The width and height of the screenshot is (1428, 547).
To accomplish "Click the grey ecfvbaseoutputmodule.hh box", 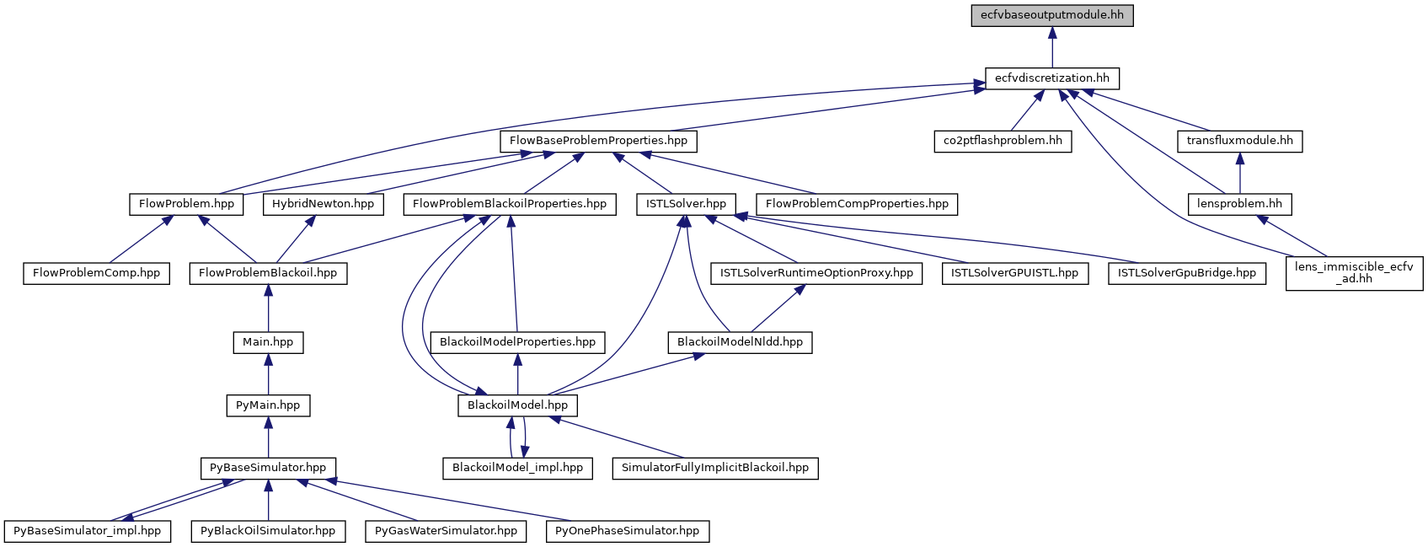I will tap(1051, 15).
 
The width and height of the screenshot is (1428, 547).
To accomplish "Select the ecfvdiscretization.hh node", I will tap(1051, 78).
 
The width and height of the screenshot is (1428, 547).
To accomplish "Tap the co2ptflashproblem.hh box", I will tap(1003, 141).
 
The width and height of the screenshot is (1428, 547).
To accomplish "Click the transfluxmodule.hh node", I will tap(1239, 141).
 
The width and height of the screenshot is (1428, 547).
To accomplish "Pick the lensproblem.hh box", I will tap(1239, 204).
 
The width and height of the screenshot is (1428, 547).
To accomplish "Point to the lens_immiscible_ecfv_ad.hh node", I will tap(1354, 273).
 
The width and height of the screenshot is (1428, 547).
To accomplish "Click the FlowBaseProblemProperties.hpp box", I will tap(598, 141).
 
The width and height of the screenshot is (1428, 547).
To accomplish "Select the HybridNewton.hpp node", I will tap(324, 204).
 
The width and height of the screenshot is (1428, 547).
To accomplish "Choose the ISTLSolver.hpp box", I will tap(686, 204).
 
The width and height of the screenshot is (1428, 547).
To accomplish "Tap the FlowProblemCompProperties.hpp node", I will tap(857, 204).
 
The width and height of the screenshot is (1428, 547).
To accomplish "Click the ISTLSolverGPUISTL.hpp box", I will tap(1014, 273).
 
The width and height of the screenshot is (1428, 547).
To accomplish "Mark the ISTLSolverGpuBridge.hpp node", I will tap(1186, 273).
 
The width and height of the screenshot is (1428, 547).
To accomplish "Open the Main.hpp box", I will tap(268, 342).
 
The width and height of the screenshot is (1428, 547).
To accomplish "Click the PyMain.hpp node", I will tap(268, 405).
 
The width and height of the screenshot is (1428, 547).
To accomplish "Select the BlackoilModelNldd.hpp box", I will tap(740, 342).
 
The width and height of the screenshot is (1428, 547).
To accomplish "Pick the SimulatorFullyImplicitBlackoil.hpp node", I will tap(714, 468).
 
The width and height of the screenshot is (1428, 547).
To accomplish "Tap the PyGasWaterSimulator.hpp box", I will tap(446, 531).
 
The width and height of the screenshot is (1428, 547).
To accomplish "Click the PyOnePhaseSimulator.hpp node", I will tap(628, 531).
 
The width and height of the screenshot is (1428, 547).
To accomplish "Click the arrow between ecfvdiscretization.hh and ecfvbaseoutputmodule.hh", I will tap(1051, 47).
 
